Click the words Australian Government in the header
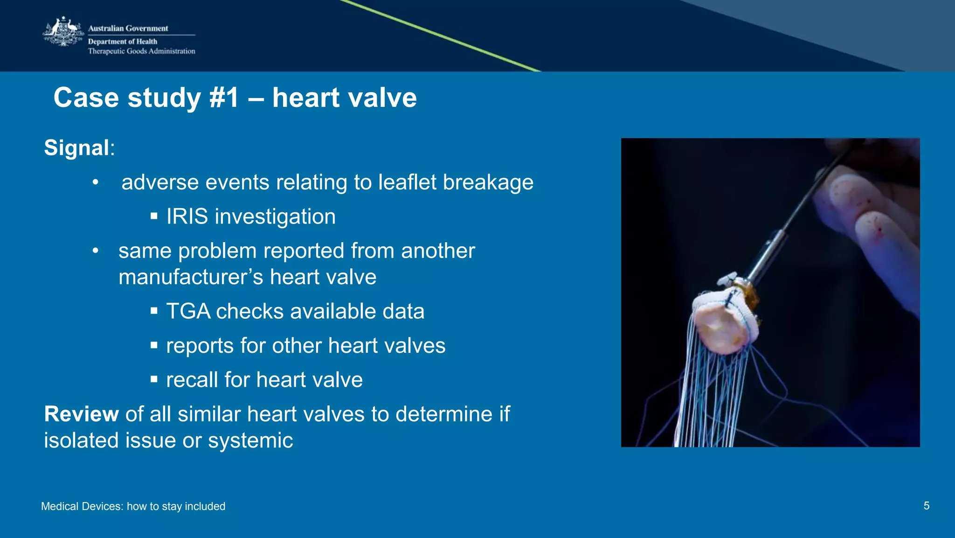pos(128,28)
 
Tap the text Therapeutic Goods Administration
pos(141,51)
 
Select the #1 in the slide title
pos(224,98)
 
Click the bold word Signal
pos(76,148)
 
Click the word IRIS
pos(187,217)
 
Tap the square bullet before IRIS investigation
pos(154,216)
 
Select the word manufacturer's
pos(191,277)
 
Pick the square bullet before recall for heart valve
pos(154,379)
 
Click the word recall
pos(192,380)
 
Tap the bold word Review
pos(81,414)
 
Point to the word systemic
pos(250,441)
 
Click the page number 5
pos(926,506)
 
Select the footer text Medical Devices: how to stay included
pos(133,506)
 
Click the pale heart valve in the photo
pos(723,322)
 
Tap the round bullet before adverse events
pos(96,182)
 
